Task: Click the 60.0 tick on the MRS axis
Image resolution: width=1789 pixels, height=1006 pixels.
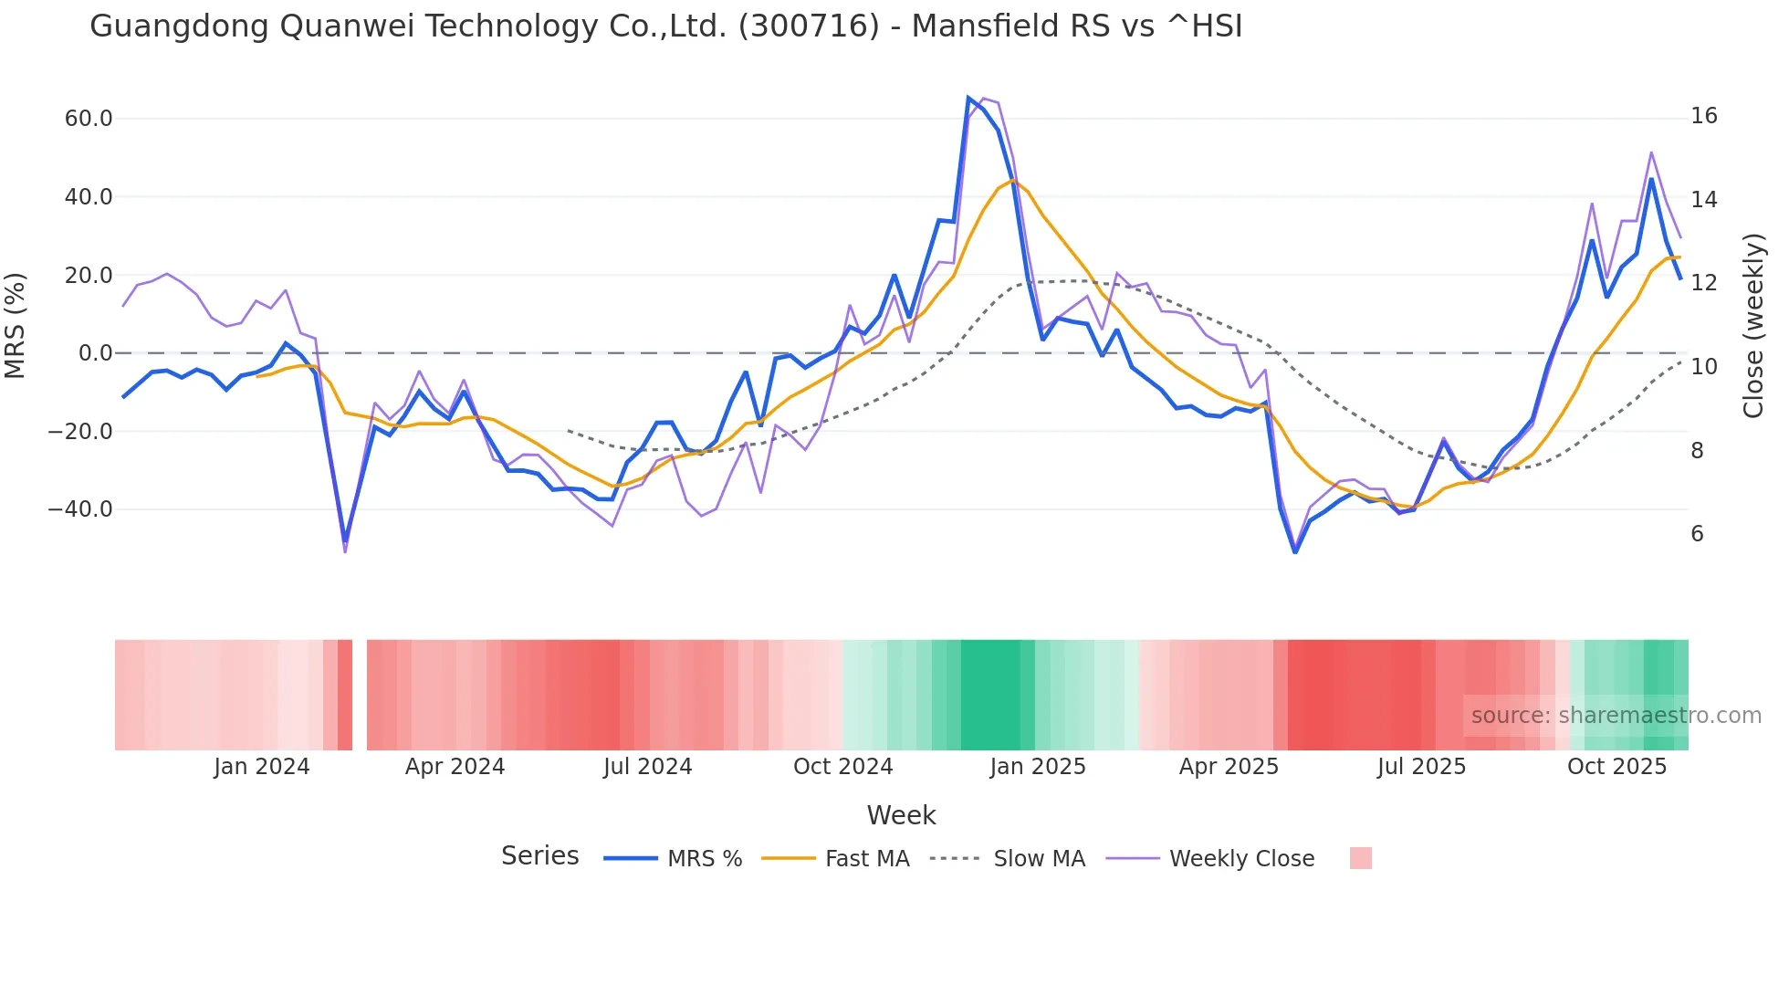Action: pos(89,119)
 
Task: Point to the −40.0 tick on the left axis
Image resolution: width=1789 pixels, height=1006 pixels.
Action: pos(80,509)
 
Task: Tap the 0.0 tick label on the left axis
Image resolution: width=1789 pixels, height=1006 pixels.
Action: pos(95,353)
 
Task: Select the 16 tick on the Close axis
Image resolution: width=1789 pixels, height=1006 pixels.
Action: pos(1703,116)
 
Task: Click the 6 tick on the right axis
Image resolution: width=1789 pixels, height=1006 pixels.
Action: pos(1697,534)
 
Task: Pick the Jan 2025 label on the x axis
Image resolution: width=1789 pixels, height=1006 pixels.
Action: pos(1038,767)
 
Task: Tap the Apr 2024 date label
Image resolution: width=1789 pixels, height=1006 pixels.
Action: pos(455,767)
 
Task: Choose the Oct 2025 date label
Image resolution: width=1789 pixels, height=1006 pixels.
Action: pos(1616,767)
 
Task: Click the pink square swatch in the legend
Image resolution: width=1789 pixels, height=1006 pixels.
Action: pos(1360,858)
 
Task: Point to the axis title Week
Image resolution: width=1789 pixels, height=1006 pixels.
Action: pos(901,815)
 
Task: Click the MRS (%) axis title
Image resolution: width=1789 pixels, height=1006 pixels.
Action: pos(15,326)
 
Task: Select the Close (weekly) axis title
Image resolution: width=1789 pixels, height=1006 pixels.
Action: pos(1753,326)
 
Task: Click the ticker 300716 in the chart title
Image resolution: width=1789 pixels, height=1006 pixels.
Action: pos(809,26)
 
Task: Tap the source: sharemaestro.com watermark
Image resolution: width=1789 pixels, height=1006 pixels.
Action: pos(1616,716)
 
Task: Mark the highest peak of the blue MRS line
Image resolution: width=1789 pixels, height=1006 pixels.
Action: pos(968,98)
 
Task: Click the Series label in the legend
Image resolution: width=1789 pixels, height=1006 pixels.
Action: pos(539,856)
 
